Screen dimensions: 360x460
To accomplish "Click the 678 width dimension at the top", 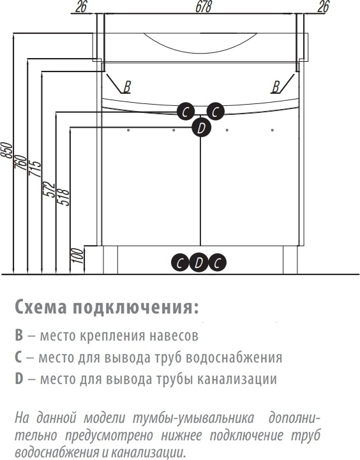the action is pos(203,6).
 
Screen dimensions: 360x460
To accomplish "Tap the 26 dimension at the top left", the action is pos(81,6).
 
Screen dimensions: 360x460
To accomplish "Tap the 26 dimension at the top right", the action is pos(323,6).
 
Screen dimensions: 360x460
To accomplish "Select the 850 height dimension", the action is pos(7,150).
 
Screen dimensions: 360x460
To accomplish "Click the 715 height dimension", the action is pos(34,168).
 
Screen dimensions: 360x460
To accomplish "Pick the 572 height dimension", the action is pos(49,190).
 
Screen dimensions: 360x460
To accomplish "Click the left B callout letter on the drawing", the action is pos(127,87).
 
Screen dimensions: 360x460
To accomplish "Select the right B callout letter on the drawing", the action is pos(276,87).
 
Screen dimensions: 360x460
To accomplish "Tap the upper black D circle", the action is pos(201,128).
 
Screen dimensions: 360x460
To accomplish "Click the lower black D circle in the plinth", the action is pos(199,262).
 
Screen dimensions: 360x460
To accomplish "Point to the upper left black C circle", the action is pos(186,112).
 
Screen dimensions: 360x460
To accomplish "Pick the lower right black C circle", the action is pos(217,262).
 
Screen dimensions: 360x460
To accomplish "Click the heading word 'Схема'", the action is pos(41,307).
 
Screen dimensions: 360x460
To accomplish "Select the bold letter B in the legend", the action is pos(19,336).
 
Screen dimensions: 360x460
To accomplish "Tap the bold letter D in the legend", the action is pos(19,378).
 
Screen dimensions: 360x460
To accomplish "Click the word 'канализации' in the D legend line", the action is pos(237,379).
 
